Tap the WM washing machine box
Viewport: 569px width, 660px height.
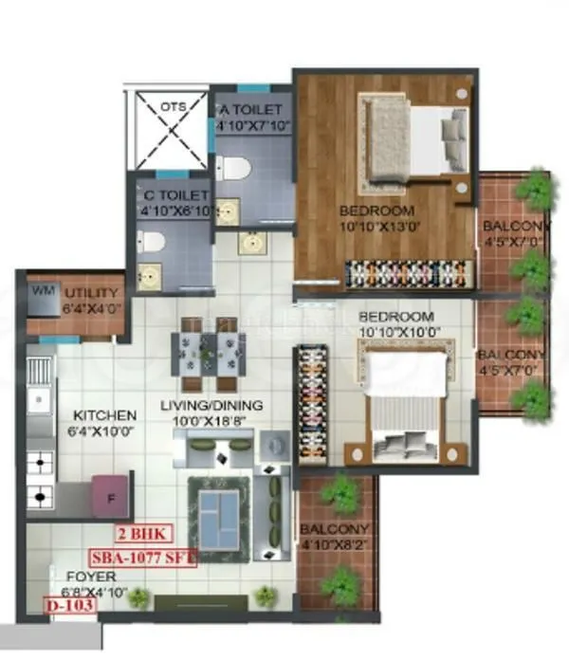click(x=41, y=290)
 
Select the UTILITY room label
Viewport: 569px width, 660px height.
click(x=91, y=293)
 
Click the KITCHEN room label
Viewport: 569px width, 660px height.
click(x=105, y=415)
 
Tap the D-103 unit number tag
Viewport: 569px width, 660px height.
click(x=69, y=604)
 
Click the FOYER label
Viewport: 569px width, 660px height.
click(x=92, y=577)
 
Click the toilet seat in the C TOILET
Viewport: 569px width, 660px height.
click(x=156, y=243)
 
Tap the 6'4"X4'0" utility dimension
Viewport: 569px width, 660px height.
click(x=91, y=308)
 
